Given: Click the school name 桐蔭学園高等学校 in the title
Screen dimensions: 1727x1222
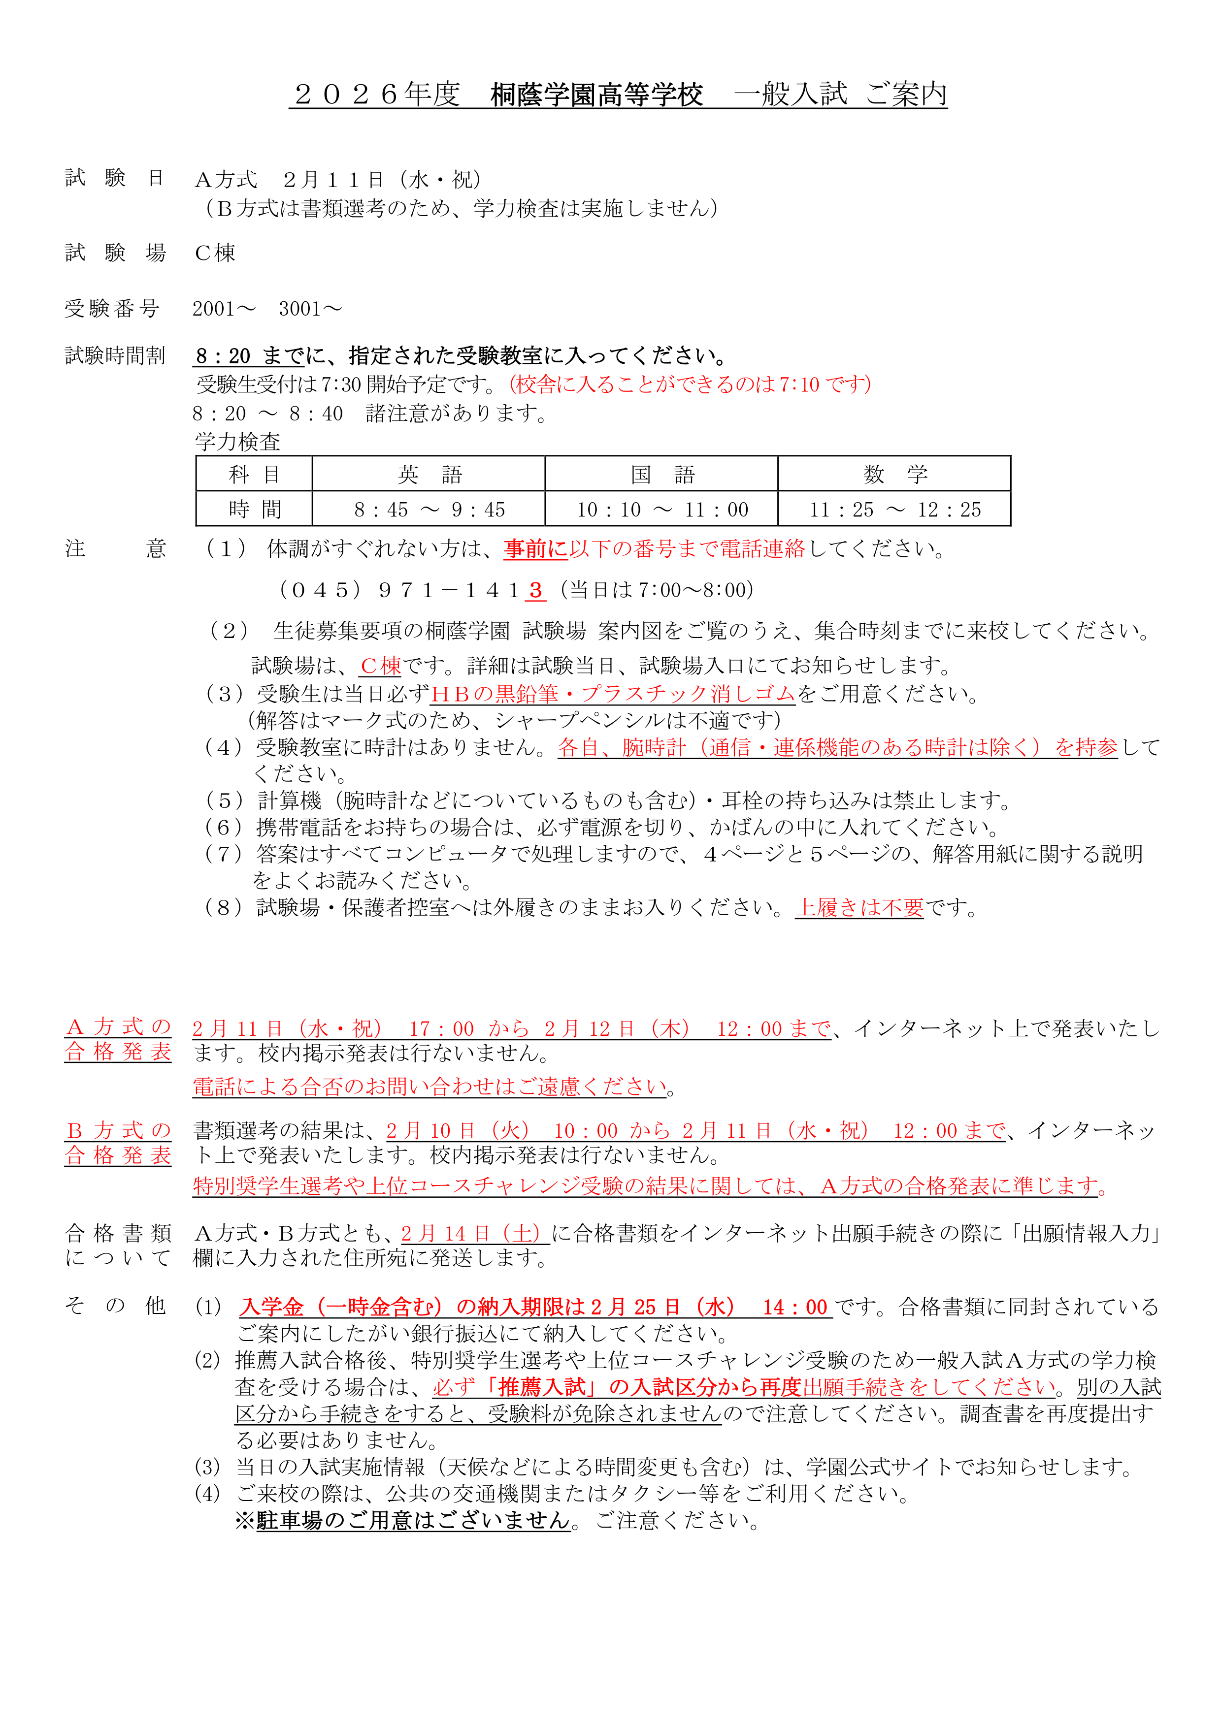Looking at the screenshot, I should pos(596,96).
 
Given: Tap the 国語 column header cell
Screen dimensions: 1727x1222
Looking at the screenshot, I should pos(661,474).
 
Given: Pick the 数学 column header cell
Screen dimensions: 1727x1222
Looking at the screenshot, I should pos(894,474).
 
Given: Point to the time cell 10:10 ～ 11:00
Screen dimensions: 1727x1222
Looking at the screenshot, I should pos(661,509).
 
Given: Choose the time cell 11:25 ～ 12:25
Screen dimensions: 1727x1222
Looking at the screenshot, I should pos(894,509).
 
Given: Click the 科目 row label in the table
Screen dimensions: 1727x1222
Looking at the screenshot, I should pos(254,474).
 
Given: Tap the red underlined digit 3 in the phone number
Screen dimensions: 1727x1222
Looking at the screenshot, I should pos(535,590).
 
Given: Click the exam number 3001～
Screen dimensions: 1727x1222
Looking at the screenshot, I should pos(310,308).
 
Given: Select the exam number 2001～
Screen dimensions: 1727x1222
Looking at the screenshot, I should pos(224,308).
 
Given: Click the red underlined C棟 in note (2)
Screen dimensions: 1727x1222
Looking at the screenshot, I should pos(381,666).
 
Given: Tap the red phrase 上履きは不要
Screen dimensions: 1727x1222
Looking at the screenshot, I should pos(859,908).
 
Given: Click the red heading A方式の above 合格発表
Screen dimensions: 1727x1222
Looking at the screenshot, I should pos(118,1027).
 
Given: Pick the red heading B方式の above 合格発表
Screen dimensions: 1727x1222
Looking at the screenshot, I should pos(118,1130).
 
